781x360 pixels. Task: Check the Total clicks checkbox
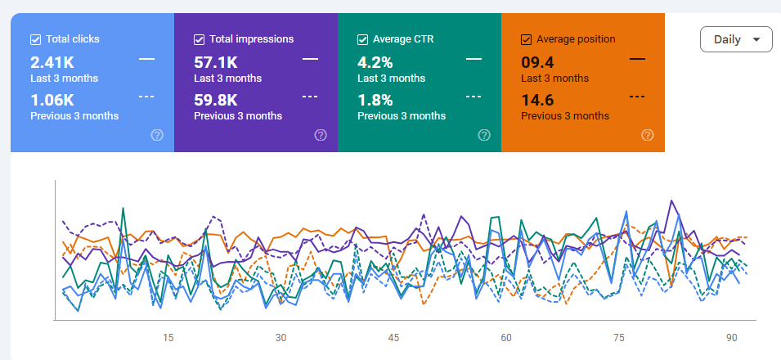coord(35,38)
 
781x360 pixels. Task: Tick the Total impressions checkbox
coord(199,38)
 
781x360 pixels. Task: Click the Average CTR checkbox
coord(362,38)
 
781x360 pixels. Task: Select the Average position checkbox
coord(526,38)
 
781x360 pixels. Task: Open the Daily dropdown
coord(736,39)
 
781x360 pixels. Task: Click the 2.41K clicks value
coord(52,62)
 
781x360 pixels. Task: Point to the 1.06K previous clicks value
coord(52,100)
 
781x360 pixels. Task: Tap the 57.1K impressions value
coord(216,62)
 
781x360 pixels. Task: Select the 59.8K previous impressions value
coord(216,100)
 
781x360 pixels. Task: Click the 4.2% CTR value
coord(375,62)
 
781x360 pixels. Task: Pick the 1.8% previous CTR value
coord(375,100)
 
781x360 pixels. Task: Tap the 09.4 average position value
coord(538,62)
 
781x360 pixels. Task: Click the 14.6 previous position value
coord(538,100)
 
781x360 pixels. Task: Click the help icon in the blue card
coord(157,135)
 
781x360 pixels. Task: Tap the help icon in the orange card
coord(648,135)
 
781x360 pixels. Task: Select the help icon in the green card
coord(484,135)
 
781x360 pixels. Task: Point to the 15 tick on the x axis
coord(168,338)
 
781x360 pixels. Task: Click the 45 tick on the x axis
coord(393,338)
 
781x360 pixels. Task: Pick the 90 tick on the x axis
coord(732,338)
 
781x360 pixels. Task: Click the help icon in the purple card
coord(321,135)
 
